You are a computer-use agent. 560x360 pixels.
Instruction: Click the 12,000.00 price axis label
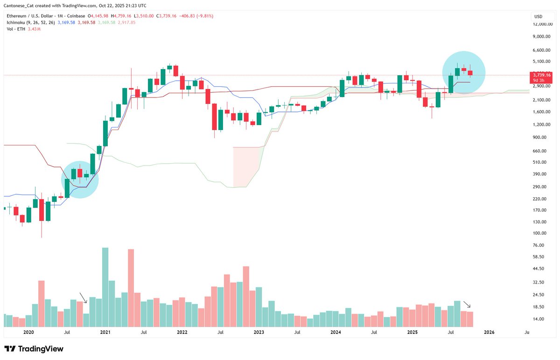542,24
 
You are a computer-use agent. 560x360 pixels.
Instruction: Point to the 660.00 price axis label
539,151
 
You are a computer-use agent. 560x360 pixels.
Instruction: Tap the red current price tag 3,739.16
541,75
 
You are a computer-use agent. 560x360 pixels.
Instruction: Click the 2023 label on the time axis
259,332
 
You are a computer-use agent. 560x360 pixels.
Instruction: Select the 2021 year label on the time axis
105,332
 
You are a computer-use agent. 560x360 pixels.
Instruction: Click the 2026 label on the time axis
489,332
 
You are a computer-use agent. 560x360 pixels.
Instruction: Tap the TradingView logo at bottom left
34,349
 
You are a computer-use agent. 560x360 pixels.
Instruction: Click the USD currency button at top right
538,17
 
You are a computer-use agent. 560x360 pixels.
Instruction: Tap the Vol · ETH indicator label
16,29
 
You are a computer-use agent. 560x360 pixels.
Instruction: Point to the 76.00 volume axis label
538,245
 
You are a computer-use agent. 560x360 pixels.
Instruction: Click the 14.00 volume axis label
538,319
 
